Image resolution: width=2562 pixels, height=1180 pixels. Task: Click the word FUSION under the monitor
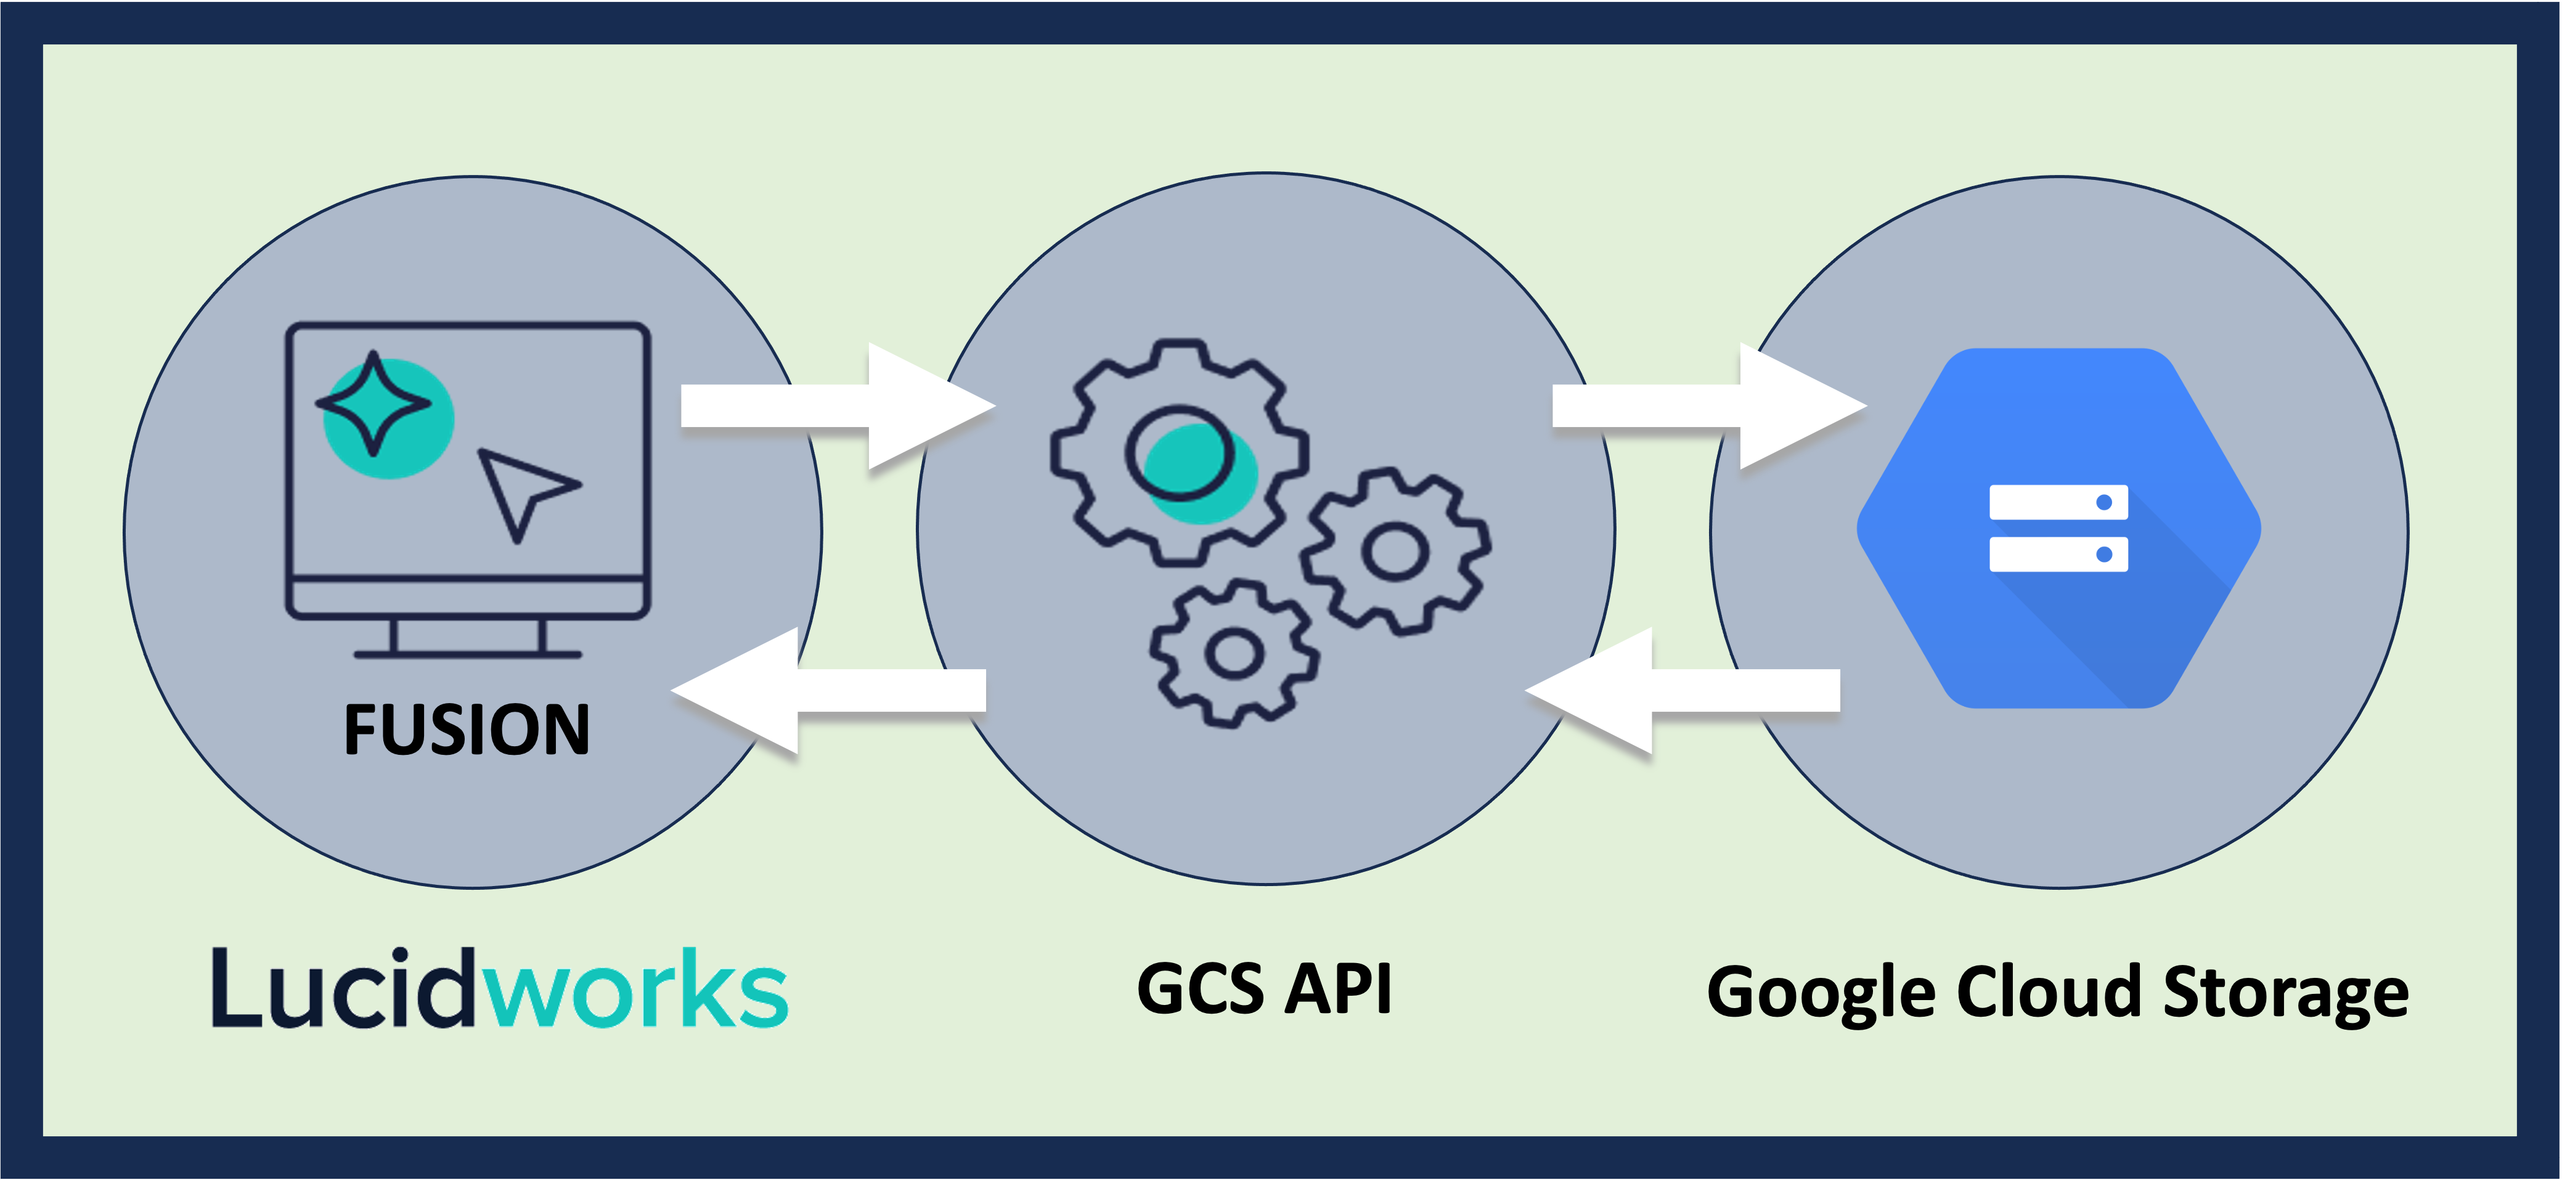tap(467, 730)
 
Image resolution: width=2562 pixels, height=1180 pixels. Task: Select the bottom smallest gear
tap(1234, 653)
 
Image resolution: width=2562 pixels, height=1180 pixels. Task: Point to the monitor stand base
tap(467, 653)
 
